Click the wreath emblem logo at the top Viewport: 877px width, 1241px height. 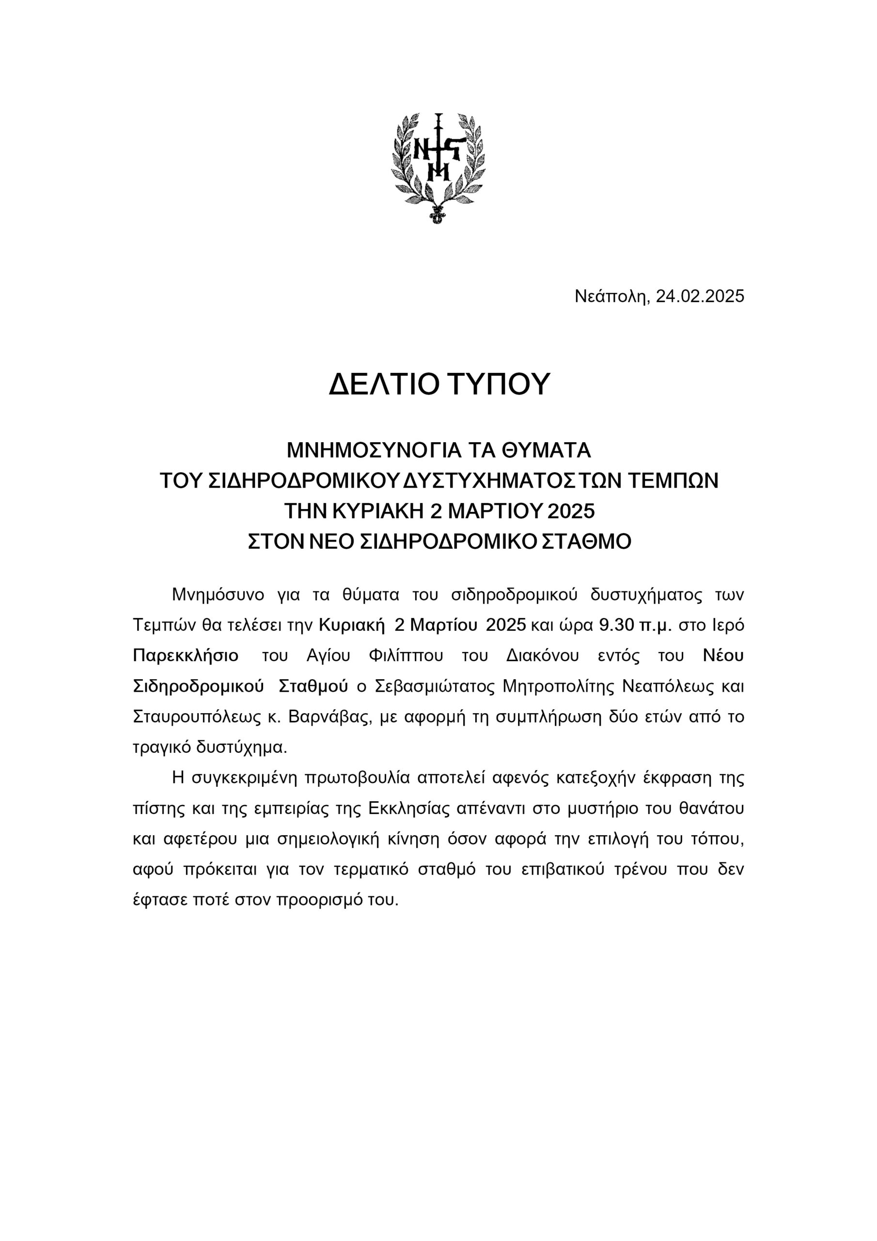438,168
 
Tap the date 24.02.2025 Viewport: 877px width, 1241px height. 700,296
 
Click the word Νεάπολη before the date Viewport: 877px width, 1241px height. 611,296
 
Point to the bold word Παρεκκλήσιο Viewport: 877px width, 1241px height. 186,655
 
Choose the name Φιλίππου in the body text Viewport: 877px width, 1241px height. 405,655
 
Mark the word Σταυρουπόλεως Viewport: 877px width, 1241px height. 194,717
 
